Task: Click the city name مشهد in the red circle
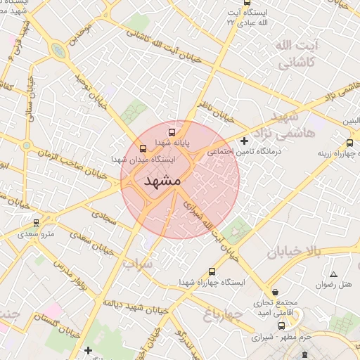pos(162,181)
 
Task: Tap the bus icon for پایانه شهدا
pos(172,131)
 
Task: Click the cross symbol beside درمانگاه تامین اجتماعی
pos(244,141)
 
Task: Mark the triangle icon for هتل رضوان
pos(333,274)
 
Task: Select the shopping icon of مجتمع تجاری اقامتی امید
pos(274,291)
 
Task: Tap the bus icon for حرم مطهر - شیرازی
pos(282,326)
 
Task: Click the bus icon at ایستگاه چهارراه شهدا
pos(212,271)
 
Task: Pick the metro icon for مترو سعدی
pos(36,223)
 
